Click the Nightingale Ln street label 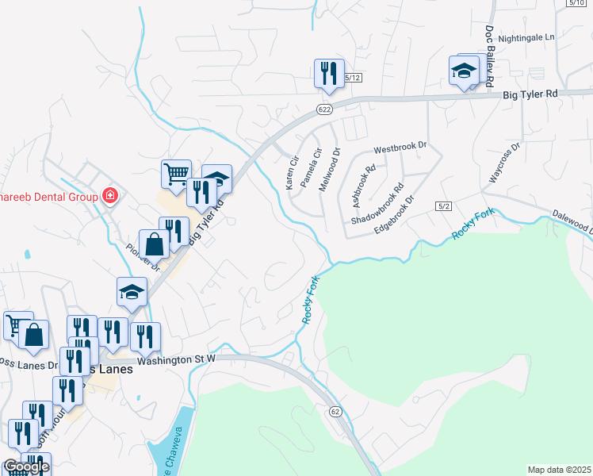[x=529, y=36]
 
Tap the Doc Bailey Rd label [x=489, y=58]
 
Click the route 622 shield [x=323, y=109]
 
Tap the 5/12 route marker [x=353, y=78]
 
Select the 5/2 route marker [x=443, y=206]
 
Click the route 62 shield [x=336, y=411]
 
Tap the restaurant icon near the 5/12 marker [x=327, y=74]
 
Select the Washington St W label [x=176, y=359]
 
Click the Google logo [x=25, y=466]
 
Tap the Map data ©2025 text [x=559, y=470]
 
